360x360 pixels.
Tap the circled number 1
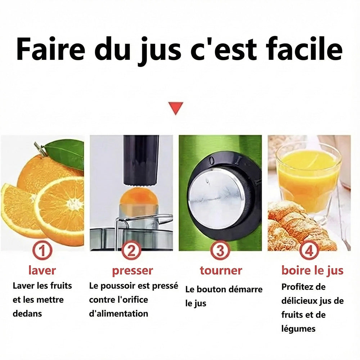pos(42,251)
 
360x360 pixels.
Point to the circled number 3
pos(220,251)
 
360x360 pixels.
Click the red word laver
pos(42,270)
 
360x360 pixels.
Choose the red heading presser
pos(132,270)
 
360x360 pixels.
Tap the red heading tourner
pos(221,270)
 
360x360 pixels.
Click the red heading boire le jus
pos(312,270)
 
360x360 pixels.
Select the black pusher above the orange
pos(141,158)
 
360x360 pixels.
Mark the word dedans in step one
pos(27,314)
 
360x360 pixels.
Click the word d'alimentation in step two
pos(118,314)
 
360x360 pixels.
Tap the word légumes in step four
pos(298,328)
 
